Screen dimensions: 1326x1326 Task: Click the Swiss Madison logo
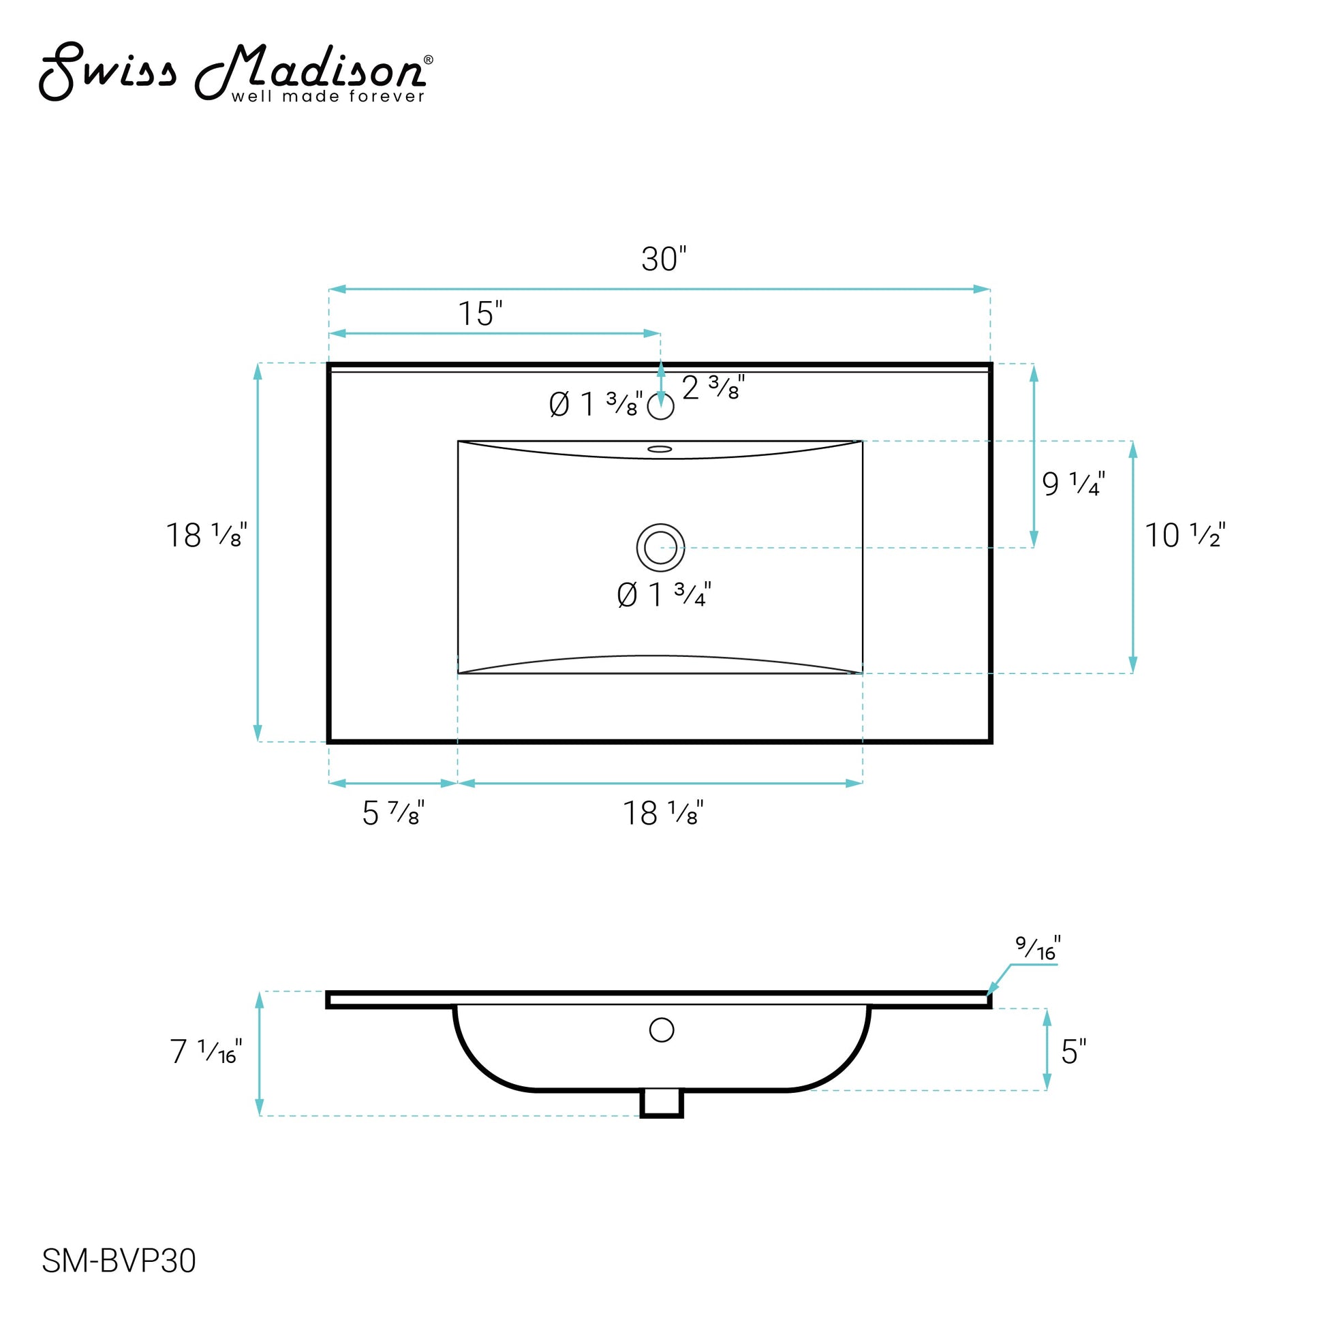pyautogui.click(x=235, y=73)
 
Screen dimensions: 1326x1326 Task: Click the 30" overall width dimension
pyautogui.click(x=664, y=260)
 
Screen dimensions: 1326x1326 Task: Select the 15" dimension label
pyautogui.click(x=480, y=314)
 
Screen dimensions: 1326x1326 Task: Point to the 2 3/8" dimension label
pyautogui.click(x=713, y=388)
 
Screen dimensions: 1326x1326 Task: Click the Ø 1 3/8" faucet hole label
pyautogui.click(x=596, y=404)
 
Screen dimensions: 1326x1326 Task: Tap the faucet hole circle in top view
pyautogui.click(x=661, y=407)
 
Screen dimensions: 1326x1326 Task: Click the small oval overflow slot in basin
pyautogui.click(x=660, y=449)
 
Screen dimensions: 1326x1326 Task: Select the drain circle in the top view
pyautogui.click(x=660, y=548)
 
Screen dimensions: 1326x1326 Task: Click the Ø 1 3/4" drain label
pyautogui.click(x=664, y=595)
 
